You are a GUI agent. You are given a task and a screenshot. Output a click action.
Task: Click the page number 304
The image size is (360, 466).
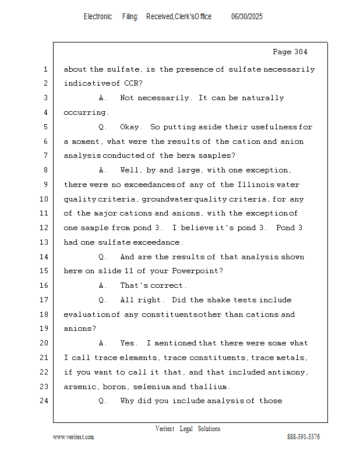click(x=298, y=52)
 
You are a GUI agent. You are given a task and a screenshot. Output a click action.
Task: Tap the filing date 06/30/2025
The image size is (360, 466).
click(x=247, y=17)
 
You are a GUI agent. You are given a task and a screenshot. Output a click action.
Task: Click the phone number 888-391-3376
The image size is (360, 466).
click(x=303, y=437)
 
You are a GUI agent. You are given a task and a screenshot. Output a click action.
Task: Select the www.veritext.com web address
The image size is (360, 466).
click(x=73, y=437)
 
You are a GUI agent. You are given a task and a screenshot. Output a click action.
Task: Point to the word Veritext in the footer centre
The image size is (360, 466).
click(x=165, y=429)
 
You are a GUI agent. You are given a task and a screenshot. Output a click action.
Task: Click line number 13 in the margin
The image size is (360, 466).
click(x=45, y=242)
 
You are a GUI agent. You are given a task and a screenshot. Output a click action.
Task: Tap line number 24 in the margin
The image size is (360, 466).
click(x=45, y=401)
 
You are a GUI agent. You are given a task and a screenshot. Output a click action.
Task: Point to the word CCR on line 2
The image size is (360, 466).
click(x=132, y=84)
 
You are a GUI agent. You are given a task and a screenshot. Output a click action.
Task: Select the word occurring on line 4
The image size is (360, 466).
click(x=85, y=112)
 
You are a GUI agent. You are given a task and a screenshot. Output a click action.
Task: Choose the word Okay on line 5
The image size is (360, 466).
click(x=130, y=127)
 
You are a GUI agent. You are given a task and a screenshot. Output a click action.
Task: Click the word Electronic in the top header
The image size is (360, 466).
click(x=98, y=17)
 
